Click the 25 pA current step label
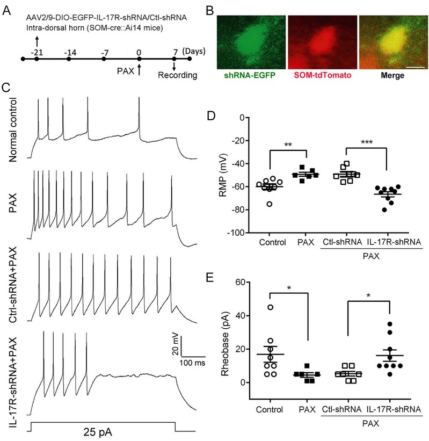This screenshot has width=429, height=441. click(x=98, y=431)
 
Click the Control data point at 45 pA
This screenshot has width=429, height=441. click(x=271, y=307)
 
